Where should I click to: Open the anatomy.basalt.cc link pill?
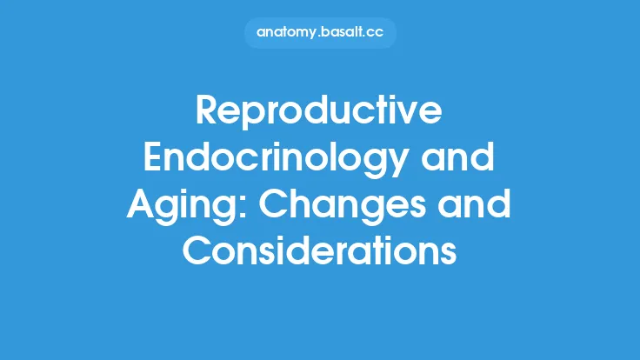click(x=320, y=33)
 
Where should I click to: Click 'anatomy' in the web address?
click(x=284, y=33)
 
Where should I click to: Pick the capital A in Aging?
click(x=142, y=207)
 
